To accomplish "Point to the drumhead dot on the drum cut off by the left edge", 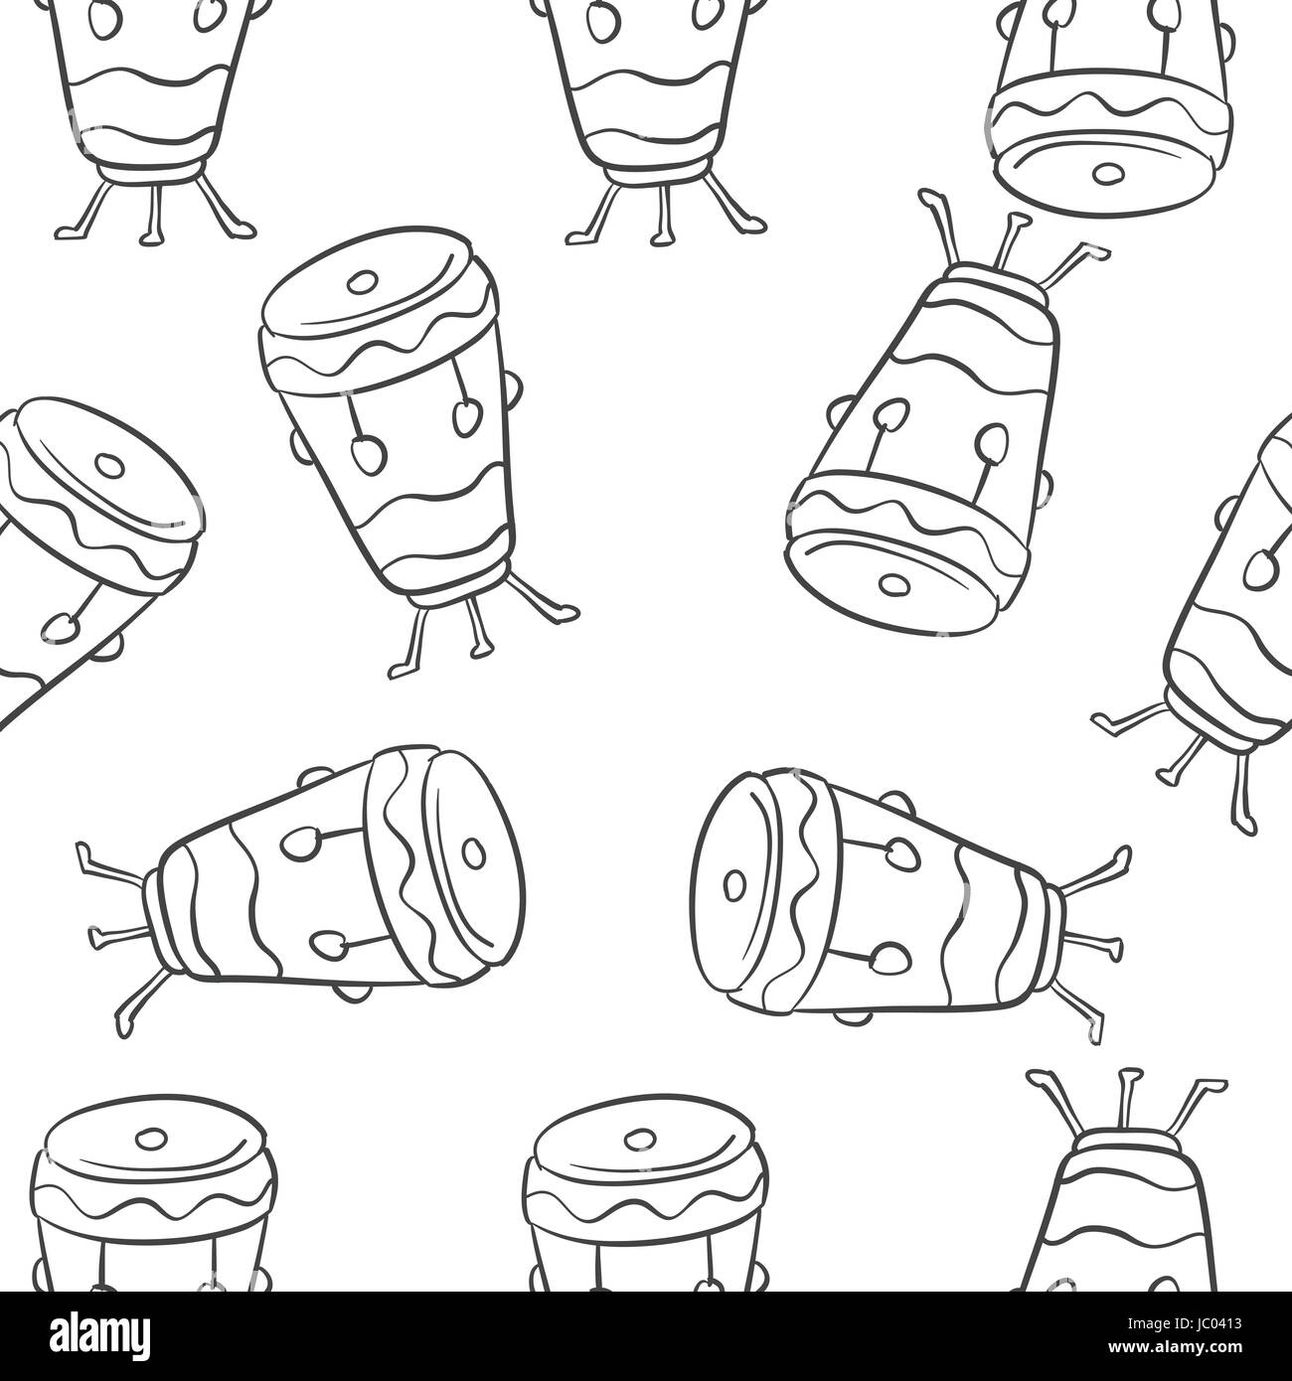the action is tap(108, 465).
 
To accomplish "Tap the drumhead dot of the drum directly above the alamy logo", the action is tap(148, 1139).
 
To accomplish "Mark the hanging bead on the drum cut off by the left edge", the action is tap(62, 627).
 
